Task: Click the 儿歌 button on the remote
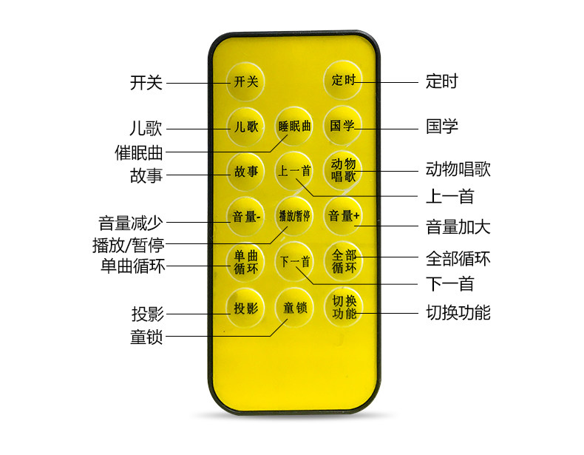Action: click(x=246, y=127)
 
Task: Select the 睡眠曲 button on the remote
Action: click(x=295, y=127)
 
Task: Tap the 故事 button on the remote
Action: click(x=246, y=172)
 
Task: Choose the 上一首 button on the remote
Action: click(x=295, y=172)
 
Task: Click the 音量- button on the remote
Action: click(x=246, y=217)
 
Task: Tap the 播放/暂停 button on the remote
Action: click(x=295, y=217)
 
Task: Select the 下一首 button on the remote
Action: click(x=295, y=261)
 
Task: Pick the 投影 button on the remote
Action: click(x=246, y=309)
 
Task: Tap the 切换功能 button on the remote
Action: click(x=344, y=307)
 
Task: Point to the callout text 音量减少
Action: click(x=131, y=223)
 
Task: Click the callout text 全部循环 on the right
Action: click(x=458, y=259)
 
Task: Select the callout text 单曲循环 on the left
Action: click(x=133, y=266)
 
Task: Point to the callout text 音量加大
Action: click(x=458, y=226)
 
